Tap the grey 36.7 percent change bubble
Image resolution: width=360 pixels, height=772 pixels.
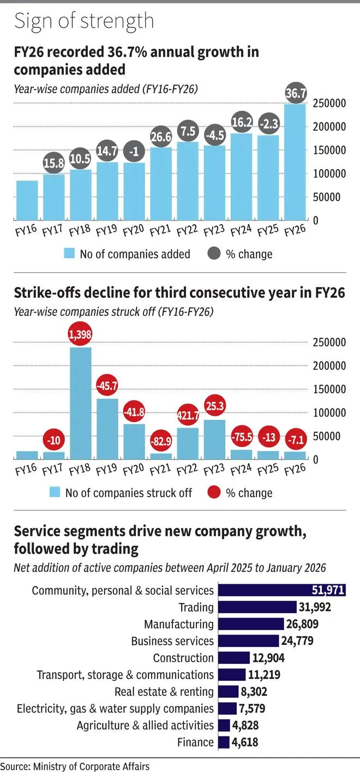(x=296, y=94)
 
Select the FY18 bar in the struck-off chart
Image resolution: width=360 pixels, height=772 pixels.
(x=81, y=403)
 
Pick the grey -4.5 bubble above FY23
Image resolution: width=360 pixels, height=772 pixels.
(x=214, y=134)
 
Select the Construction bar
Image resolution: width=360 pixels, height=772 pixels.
(x=233, y=658)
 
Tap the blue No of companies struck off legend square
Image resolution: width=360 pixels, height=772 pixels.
(x=55, y=493)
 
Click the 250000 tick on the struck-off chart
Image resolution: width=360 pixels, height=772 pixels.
(x=329, y=342)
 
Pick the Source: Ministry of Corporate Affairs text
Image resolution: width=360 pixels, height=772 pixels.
(x=75, y=766)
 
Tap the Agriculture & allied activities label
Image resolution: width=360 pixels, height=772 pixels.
(x=145, y=725)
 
